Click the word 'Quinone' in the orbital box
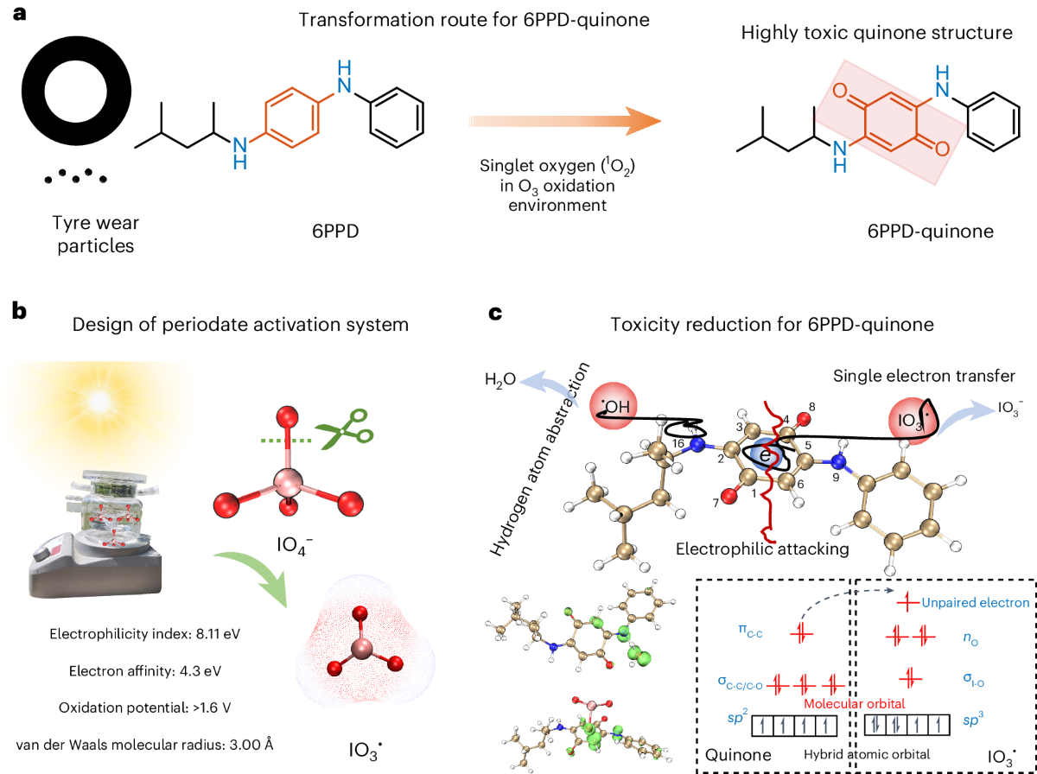(x=738, y=754)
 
